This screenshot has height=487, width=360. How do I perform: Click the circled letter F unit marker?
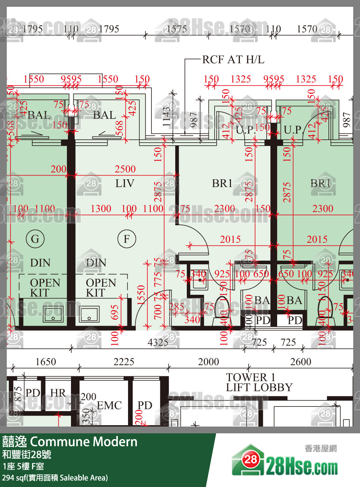pos(127,239)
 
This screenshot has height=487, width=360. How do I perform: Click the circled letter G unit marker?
pos(35,239)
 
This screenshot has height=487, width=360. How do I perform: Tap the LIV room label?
pos(125,183)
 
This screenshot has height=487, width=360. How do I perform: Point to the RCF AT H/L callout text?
pos(233,60)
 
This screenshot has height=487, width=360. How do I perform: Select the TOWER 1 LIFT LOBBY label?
pos(259,382)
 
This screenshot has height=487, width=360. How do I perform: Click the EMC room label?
pos(109,405)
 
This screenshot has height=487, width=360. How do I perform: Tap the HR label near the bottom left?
pos(58,393)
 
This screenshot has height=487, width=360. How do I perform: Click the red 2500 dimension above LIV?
pos(125,169)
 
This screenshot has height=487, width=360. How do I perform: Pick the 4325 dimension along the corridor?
pos(158,342)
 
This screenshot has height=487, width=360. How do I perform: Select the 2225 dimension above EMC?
pos(124,362)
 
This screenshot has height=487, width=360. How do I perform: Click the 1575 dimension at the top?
pos(176,29)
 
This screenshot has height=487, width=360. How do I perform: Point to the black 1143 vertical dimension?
pos(166,116)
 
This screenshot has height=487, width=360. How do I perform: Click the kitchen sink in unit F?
pos(89,314)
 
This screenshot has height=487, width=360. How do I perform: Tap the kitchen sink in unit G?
pos(53,314)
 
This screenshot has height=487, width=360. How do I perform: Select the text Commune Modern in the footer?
pos(84,441)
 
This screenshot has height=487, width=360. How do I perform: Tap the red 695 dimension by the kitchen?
pos(115,312)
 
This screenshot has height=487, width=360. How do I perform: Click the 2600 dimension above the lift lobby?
pos(301,362)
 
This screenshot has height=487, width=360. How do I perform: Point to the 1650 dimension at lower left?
pos(46,362)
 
